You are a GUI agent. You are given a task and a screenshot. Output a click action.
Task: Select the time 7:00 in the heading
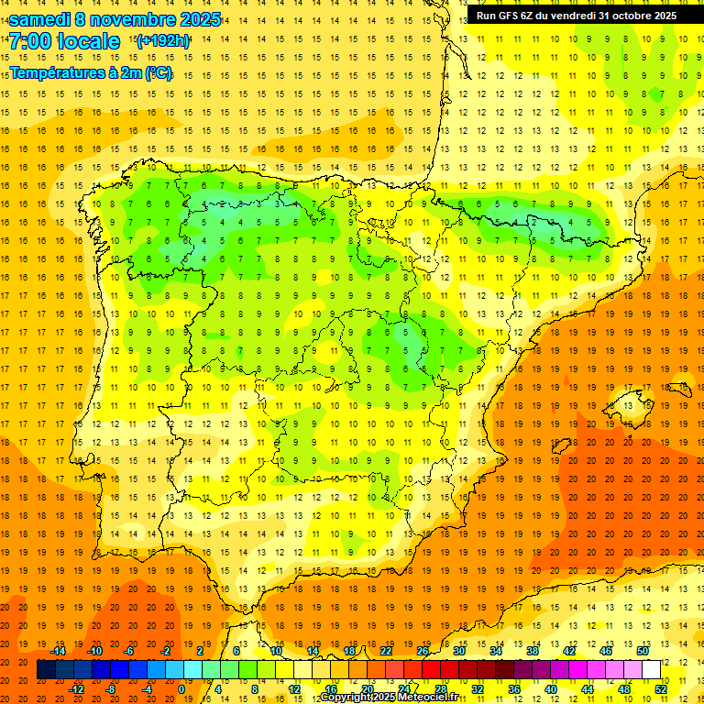30,41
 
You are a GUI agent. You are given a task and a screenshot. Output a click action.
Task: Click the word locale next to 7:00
87,41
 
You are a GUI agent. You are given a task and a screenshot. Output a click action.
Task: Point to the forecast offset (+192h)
162,40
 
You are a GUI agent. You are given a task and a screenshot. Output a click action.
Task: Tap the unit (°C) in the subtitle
158,72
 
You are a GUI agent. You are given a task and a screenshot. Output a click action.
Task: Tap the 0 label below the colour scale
181,689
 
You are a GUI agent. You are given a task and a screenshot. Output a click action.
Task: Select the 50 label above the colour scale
643,651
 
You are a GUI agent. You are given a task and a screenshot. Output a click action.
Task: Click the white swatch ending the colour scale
651,670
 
